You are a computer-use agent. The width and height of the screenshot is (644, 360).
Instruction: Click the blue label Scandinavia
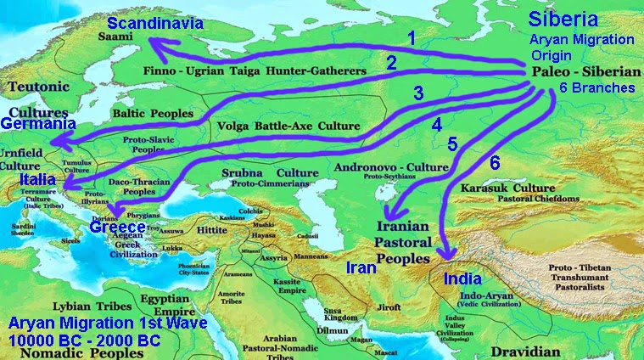[x=155, y=23]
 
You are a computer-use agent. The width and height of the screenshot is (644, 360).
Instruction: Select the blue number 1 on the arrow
[x=412, y=38]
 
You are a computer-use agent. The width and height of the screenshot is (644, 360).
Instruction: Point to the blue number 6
[x=495, y=161]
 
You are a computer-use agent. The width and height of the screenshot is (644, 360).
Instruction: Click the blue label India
[x=462, y=278]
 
